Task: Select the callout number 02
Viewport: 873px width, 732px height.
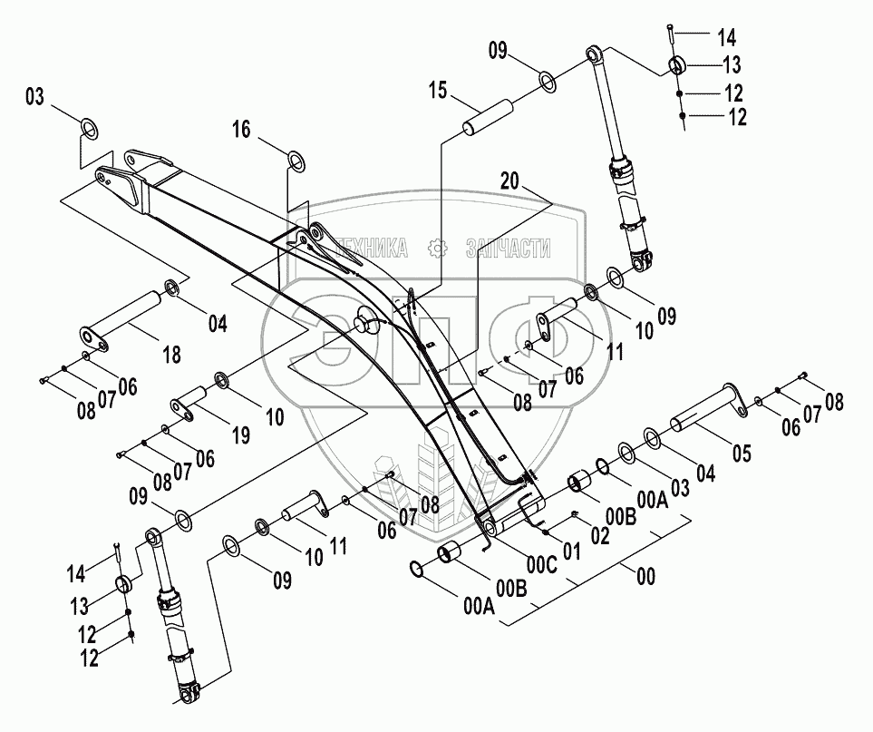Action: point(599,534)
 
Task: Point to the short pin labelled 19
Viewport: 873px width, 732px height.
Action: point(193,402)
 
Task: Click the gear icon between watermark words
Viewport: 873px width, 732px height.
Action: point(437,248)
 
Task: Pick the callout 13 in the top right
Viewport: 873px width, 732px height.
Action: point(731,65)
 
